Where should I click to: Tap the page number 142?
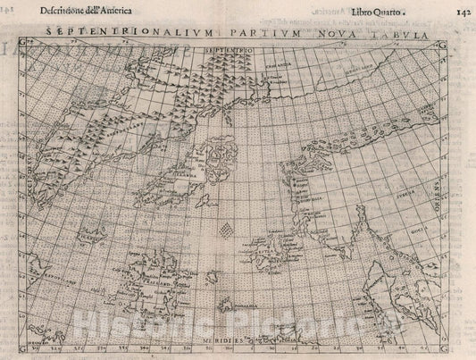pyautogui.click(x=455, y=13)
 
